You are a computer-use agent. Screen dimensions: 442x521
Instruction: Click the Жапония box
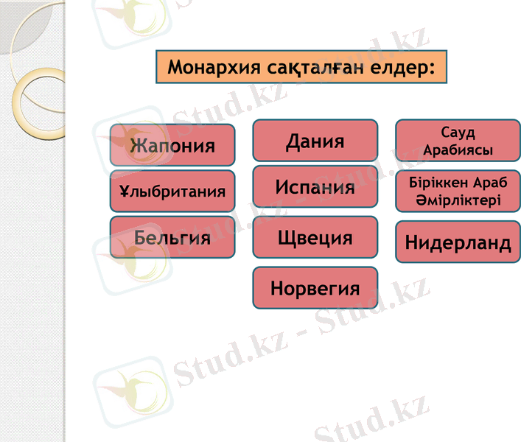click(172, 144)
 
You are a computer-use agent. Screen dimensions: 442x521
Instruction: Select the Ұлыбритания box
click(172, 192)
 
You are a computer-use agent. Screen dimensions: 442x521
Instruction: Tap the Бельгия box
click(172, 237)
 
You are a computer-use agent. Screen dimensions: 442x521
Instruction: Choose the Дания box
click(315, 140)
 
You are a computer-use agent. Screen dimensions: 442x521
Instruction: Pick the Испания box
click(315, 186)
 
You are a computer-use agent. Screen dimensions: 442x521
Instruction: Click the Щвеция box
click(315, 237)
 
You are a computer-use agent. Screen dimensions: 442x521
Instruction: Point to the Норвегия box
click(315, 287)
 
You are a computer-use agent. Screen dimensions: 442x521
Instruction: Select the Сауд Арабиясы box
click(458, 141)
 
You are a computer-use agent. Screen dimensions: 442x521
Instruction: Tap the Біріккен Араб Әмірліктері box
click(458, 192)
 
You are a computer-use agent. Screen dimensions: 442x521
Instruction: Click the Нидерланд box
click(458, 242)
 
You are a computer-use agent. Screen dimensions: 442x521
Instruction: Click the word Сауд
click(458, 133)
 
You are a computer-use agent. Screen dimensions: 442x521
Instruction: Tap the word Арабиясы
click(458, 150)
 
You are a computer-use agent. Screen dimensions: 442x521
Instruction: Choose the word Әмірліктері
click(458, 200)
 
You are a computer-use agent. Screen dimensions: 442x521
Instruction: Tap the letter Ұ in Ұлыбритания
click(125, 192)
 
